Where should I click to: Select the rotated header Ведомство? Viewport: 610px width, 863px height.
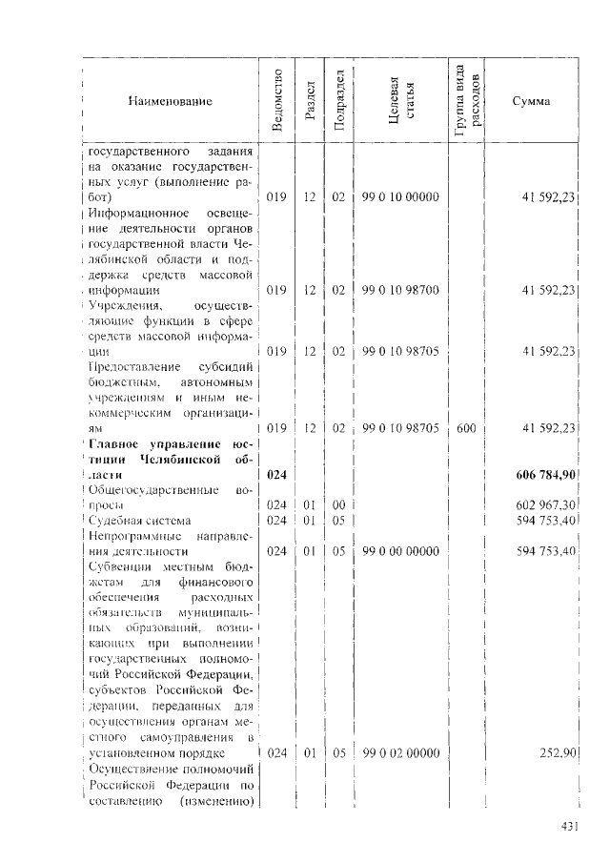(275, 101)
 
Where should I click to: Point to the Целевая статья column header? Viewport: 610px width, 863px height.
(401, 101)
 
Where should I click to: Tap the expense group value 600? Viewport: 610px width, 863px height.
(466, 429)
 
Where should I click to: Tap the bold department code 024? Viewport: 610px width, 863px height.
(276, 474)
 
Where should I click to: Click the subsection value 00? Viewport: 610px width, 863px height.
(337, 504)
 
